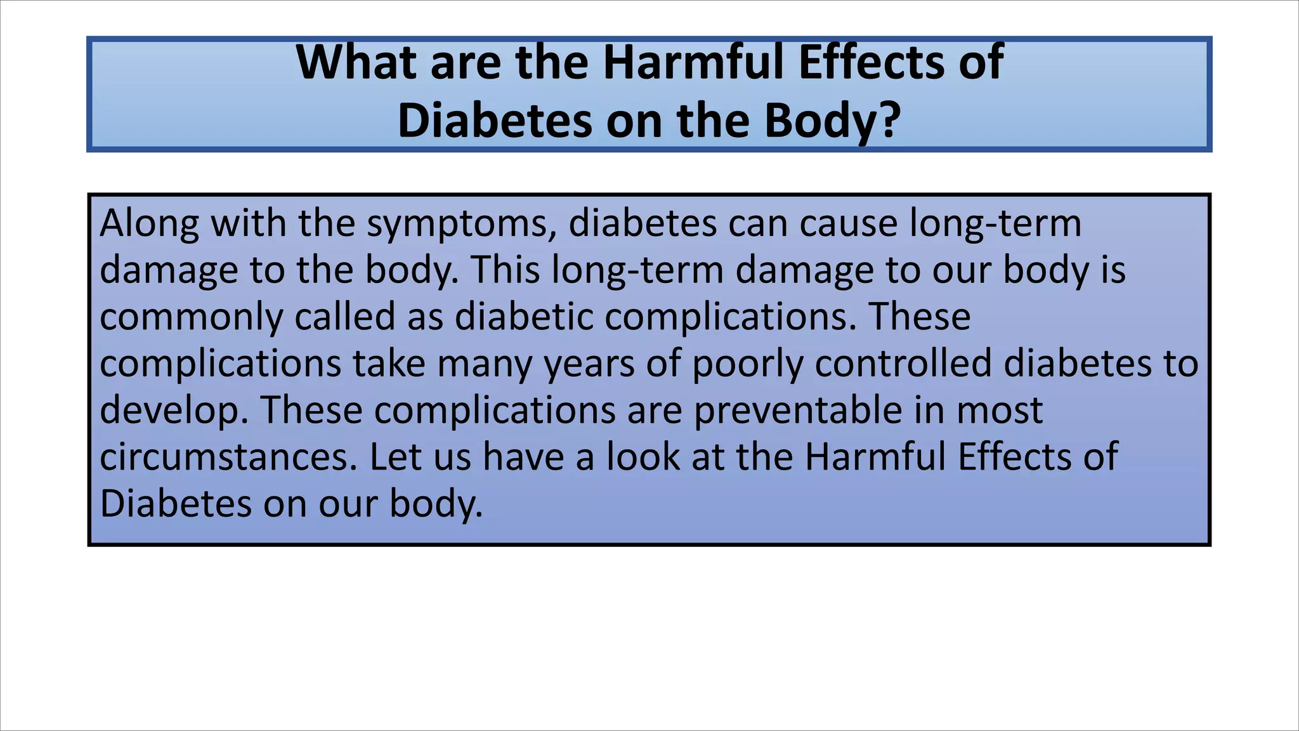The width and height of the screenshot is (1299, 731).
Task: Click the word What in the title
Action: coord(356,62)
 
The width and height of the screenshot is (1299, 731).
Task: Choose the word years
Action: coord(589,364)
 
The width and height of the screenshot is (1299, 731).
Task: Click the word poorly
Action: coord(747,364)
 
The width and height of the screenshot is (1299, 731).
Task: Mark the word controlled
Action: coord(903,363)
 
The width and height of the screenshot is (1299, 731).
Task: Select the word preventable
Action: coord(797,410)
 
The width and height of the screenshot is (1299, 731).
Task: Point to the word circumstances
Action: coord(228,457)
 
